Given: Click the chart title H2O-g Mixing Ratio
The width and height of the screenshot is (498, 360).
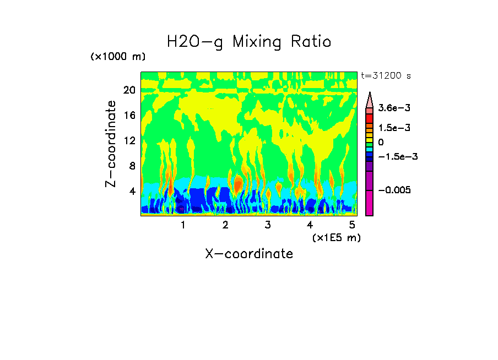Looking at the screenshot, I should [x=249, y=42].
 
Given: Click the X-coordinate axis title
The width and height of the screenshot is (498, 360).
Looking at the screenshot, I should [x=249, y=254].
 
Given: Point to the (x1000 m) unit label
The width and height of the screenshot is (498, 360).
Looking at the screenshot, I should [x=118, y=57].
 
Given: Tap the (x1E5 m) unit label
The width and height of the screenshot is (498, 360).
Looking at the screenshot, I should [x=336, y=237].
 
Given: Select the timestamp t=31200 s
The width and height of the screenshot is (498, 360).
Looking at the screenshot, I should [x=386, y=75].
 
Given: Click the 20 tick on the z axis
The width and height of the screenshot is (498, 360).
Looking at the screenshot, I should [x=129, y=90].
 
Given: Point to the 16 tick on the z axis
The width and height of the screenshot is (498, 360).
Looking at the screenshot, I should [x=129, y=116].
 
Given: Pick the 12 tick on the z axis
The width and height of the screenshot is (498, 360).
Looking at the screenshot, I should [x=129, y=140].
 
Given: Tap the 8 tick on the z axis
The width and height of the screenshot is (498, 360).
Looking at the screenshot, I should [x=132, y=166].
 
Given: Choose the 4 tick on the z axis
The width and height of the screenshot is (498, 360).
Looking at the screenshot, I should [x=132, y=191].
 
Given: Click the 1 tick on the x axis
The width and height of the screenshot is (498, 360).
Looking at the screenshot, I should [x=183, y=225].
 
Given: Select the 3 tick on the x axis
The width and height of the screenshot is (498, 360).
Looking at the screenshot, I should [x=268, y=225].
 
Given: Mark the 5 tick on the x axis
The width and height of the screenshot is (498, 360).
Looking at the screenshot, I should [x=352, y=225].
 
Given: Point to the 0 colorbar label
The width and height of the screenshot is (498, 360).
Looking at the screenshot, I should [x=381, y=143].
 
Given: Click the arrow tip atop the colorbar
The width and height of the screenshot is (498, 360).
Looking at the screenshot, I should [x=370, y=95].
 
